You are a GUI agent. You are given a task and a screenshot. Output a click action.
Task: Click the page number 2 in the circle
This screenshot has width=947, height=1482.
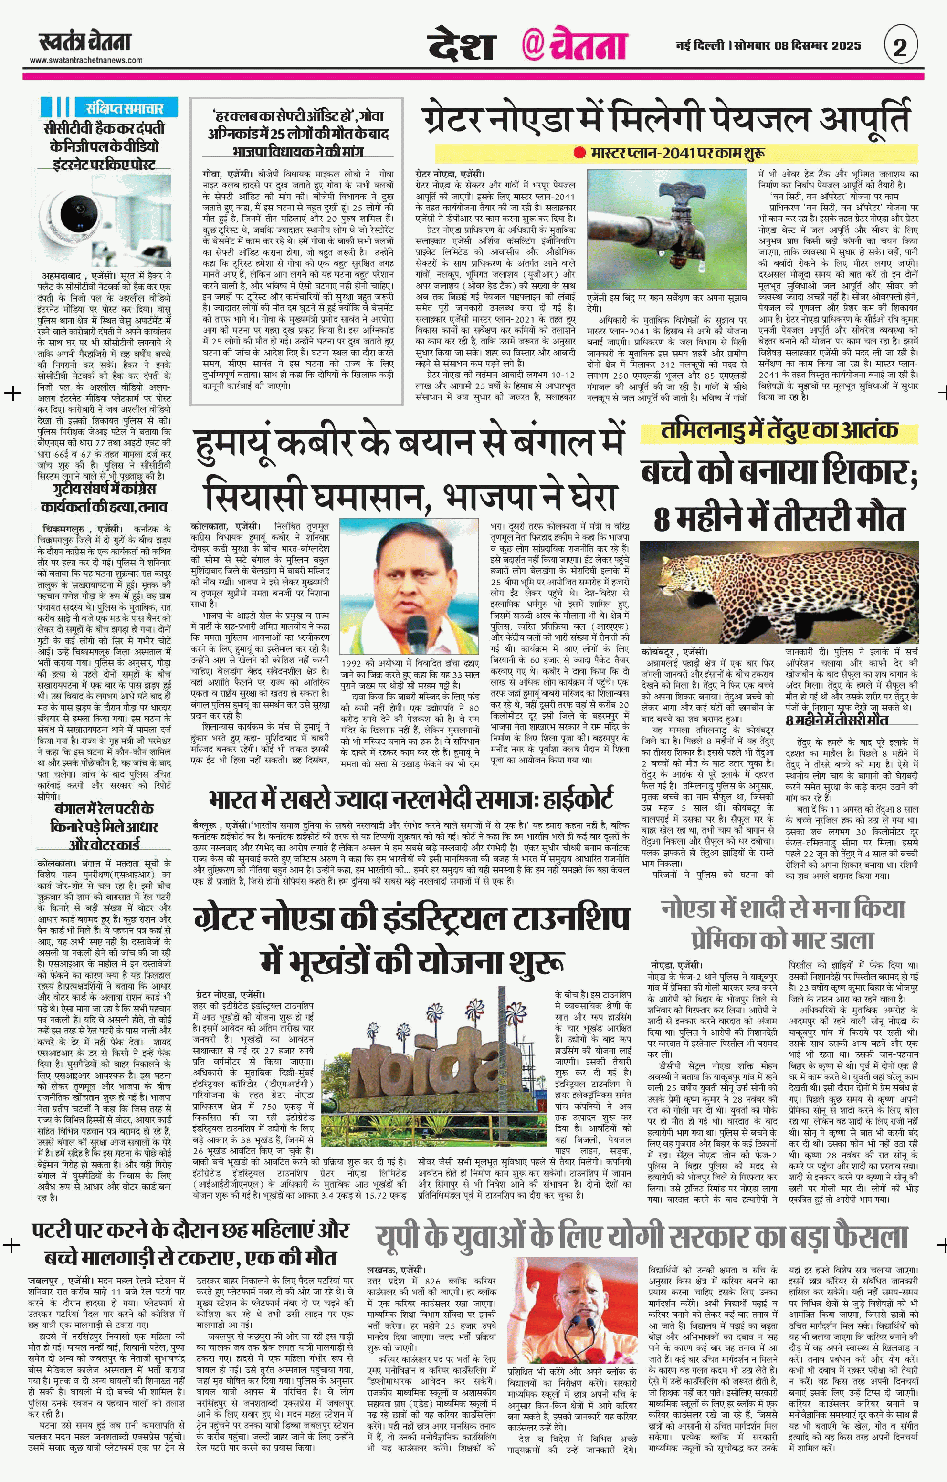[x=900, y=47]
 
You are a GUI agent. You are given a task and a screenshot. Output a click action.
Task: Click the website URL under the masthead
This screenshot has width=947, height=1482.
[x=86, y=60]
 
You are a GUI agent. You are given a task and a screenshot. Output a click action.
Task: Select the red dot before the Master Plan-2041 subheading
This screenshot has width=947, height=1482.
[x=579, y=153]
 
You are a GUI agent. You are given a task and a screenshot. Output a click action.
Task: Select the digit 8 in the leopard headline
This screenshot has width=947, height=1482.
[x=662, y=519]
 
